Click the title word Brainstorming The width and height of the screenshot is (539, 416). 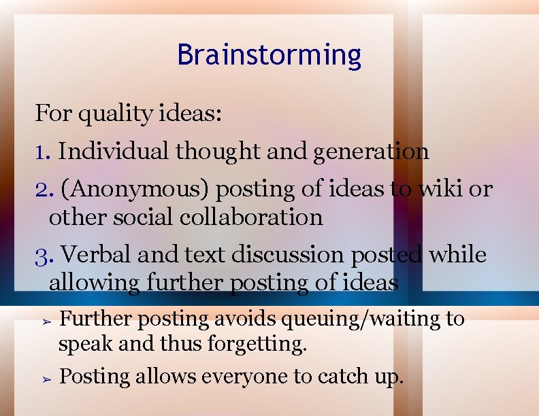pos(269,54)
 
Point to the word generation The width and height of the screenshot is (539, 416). pos(371,151)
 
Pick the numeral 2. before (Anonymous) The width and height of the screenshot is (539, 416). pos(44,189)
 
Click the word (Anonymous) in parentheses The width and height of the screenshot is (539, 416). pos(135,189)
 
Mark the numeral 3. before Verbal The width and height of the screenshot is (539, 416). pos(44,255)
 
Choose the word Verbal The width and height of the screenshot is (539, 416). pos(96,255)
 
